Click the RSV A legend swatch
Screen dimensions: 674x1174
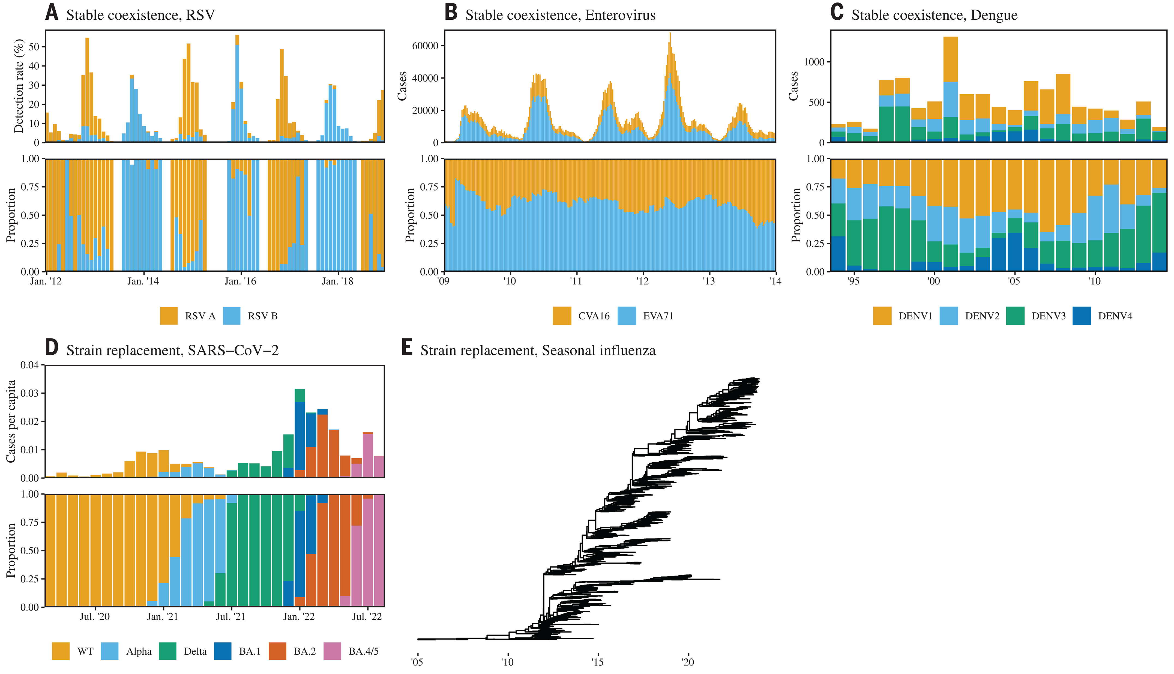[x=169, y=316]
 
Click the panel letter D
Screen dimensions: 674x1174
[x=52, y=347]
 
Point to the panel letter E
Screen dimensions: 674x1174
[x=407, y=347]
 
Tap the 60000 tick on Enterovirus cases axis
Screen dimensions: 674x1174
[x=425, y=46]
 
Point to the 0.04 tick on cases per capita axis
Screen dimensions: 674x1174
[x=30, y=365]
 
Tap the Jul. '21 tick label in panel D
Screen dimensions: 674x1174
[x=230, y=617]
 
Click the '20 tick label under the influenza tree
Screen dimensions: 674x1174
[x=688, y=662]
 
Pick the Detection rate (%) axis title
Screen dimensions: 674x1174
[x=19, y=86]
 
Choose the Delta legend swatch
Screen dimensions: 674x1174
[x=167, y=651]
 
